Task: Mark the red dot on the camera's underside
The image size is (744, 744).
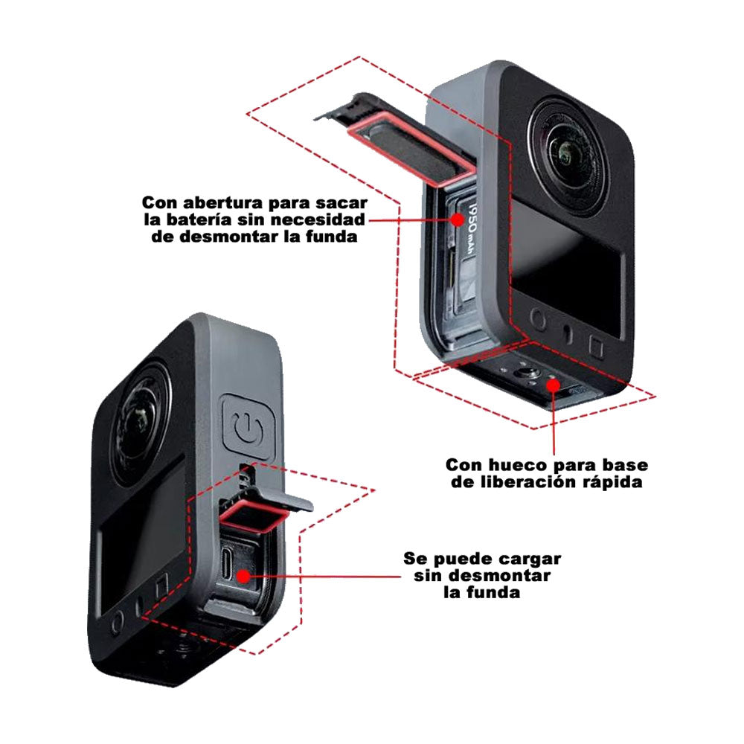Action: coord(553,385)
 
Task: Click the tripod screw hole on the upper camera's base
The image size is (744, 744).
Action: coord(527,373)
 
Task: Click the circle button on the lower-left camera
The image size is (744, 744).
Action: coord(117,623)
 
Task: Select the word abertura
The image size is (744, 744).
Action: coord(225,203)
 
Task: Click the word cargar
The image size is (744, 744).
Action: coord(530,558)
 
